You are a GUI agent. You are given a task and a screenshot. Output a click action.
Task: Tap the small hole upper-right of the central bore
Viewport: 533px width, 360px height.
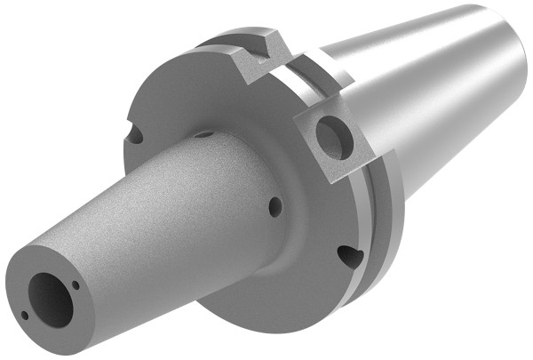pyautogui.click(x=77, y=285)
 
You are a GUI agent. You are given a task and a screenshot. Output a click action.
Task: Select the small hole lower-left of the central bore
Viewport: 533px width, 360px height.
pyautogui.click(x=25, y=315)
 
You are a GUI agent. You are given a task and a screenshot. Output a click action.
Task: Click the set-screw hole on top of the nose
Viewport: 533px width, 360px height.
pyautogui.click(x=203, y=134)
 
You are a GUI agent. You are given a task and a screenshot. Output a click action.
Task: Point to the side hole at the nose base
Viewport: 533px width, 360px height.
pyautogui.click(x=274, y=206)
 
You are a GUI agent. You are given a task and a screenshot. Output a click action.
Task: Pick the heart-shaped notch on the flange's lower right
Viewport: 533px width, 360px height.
pyautogui.click(x=350, y=257)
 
